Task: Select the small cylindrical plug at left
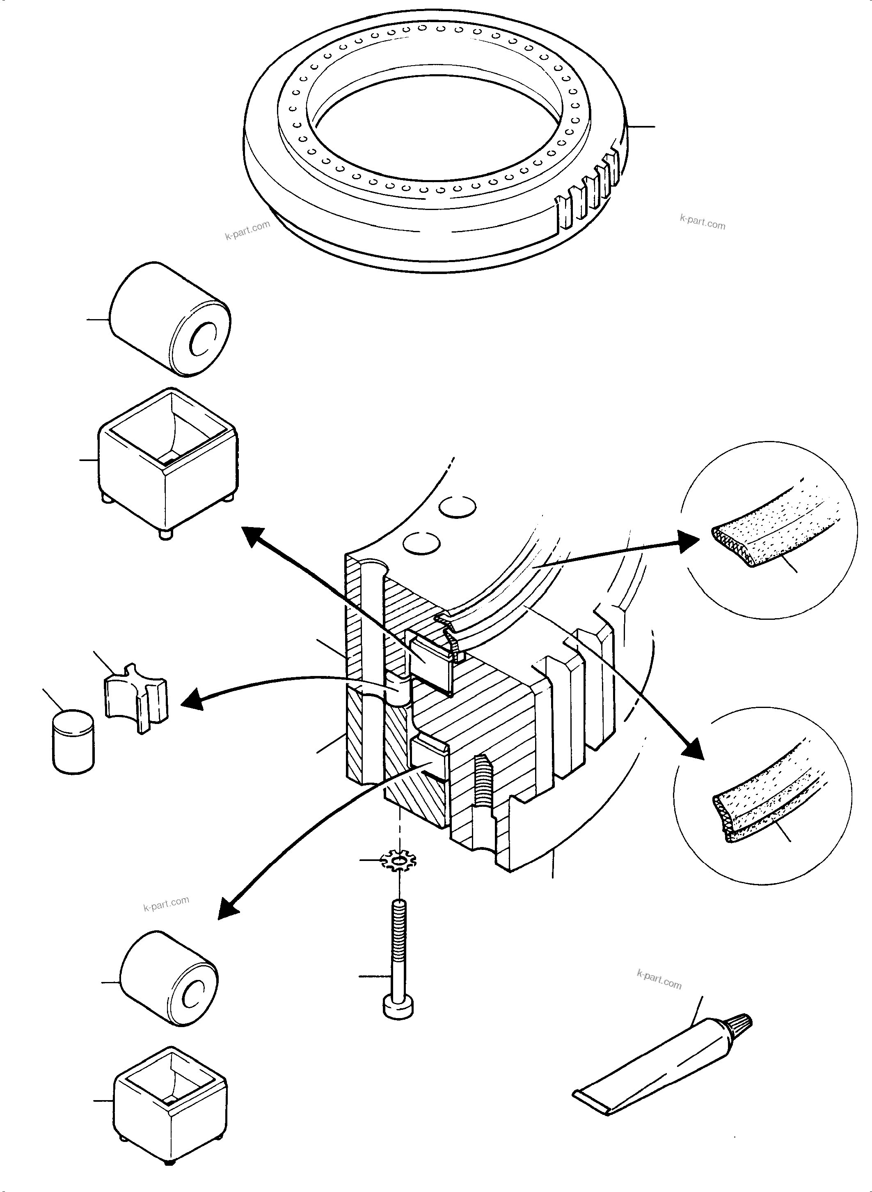[x=73, y=741]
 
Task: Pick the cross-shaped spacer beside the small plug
[x=137, y=698]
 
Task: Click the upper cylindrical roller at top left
[x=169, y=319]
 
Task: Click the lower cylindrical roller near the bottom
[x=169, y=978]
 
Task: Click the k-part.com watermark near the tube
[x=659, y=980]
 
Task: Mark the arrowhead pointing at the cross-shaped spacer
[x=191, y=702]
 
